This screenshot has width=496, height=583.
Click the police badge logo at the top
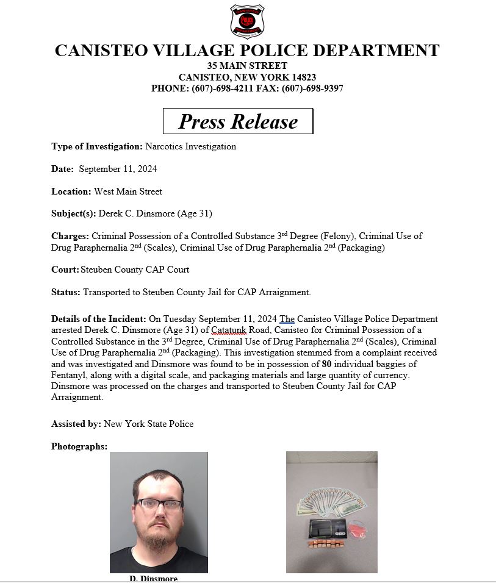[247, 21]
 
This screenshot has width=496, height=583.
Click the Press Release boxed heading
[238, 121]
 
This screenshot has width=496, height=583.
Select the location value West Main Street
[128, 191]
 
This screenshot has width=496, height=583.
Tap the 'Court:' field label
[65, 270]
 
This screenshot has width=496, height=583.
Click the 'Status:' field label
[66, 292]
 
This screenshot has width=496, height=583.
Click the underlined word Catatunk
[228, 331]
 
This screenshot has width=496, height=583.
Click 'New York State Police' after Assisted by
[149, 423]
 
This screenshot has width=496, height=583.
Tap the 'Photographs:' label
[79, 446]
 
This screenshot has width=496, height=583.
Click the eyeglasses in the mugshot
[159, 504]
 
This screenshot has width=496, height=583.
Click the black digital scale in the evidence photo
[324, 528]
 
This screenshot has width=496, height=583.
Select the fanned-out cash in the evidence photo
[332, 504]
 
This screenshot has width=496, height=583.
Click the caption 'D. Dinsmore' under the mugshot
[153, 578]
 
